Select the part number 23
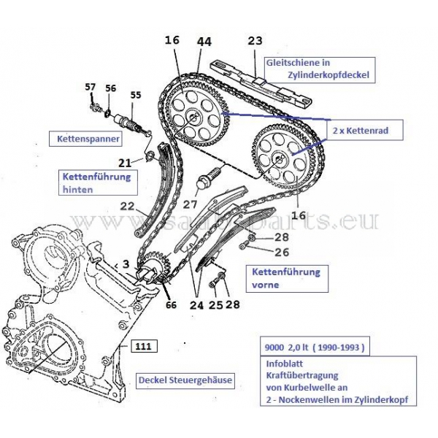pyautogui.click(x=255, y=41)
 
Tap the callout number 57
pyautogui.click(x=91, y=88)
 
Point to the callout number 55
pyautogui.click(x=137, y=95)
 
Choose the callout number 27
pyautogui.click(x=191, y=205)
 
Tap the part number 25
pyautogui.click(x=213, y=304)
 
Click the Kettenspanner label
pyautogui.click(x=80, y=138)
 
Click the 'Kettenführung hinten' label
pyautogui.click(x=96, y=182)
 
